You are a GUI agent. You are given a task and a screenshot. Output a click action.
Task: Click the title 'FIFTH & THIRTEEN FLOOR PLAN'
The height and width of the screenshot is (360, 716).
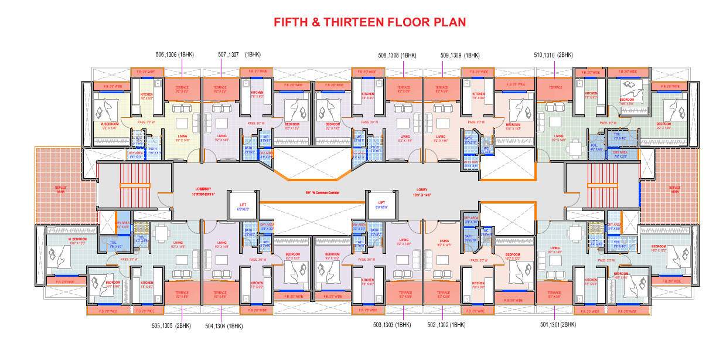click(370, 22)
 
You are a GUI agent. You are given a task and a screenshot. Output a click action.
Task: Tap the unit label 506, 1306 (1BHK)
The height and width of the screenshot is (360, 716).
click(175, 55)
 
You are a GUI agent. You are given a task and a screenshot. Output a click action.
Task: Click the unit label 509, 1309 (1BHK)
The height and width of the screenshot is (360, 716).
click(460, 55)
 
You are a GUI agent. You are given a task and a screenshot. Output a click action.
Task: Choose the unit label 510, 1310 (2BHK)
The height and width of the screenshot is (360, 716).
click(553, 55)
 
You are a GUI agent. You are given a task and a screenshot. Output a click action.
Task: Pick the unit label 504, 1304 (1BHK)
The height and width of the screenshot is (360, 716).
click(224, 325)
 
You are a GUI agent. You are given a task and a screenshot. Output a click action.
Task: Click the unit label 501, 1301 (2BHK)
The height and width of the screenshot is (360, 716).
click(558, 324)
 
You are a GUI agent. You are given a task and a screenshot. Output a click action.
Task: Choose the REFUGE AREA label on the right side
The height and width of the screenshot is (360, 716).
click(675, 189)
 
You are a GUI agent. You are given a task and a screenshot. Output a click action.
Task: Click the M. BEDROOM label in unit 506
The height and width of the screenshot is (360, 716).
click(110, 124)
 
